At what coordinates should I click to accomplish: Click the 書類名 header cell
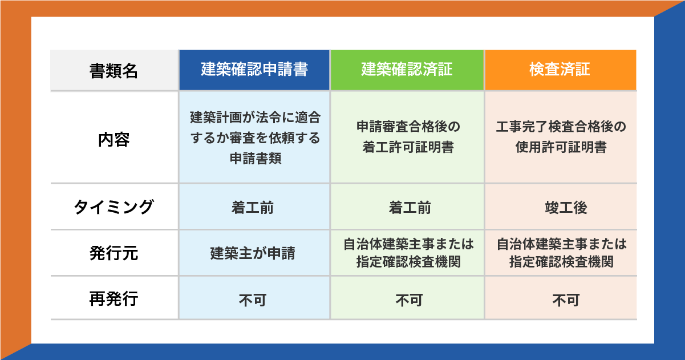tap(114, 70)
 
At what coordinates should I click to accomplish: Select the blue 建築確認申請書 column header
tap(254, 70)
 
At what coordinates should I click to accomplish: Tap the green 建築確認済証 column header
tap(407, 70)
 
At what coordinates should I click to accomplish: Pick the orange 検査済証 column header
tap(560, 70)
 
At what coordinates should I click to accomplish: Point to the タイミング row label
tap(114, 207)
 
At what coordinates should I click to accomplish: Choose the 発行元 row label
tap(114, 253)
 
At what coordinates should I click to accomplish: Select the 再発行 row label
tap(114, 298)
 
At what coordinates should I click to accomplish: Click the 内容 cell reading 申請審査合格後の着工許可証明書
tap(407, 137)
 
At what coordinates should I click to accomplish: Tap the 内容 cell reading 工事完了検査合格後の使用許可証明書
tap(561, 137)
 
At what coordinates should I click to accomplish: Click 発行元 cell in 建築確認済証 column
tap(408, 253)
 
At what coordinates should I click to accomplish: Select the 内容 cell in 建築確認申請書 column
tap(254, 137)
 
